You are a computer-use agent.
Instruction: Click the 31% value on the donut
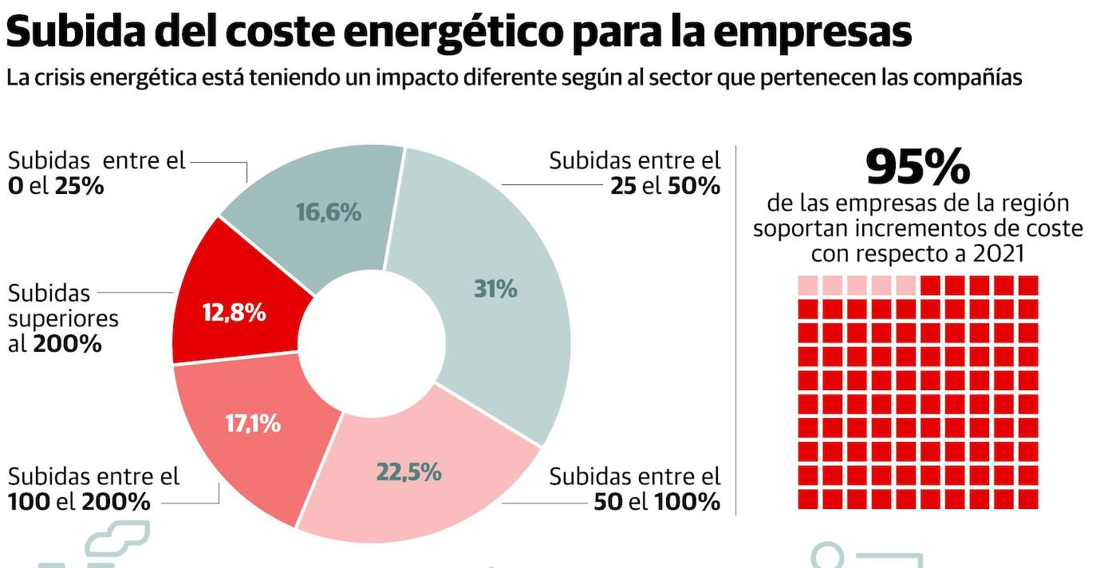click(x=495, y=289)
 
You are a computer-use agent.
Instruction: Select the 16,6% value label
click(x=328, y=212)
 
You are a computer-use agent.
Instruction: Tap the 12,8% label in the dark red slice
click(x=234, y=313)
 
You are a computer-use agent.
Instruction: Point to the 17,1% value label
click(x=253, y=424)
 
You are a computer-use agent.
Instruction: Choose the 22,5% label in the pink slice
click(x=408, y=471)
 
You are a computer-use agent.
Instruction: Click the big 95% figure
click(x=917, y=167)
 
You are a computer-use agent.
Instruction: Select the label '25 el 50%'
click(x=664, y=186)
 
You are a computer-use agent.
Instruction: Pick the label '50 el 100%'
click(x=656, y=502)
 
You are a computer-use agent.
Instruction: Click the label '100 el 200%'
click(x=79, y=502)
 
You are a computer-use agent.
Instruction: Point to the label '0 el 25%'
click(x=56, y=186)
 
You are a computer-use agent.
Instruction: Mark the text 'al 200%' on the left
click(x=55, y=344)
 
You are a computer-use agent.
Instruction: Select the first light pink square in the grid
click(x=808, y=285)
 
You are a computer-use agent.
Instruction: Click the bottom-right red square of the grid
click(x=1028, y=499)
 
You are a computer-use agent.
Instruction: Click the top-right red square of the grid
click(x=1028, y=285)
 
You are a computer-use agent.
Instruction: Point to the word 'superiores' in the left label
click(x=63, y=318)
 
